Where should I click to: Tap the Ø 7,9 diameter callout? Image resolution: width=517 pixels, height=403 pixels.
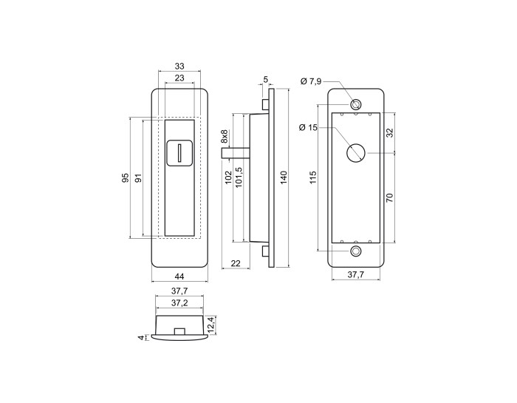point(311,81)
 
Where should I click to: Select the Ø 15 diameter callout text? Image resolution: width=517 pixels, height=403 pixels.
point(308,127)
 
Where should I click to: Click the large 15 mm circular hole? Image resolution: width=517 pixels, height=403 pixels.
point(356,153)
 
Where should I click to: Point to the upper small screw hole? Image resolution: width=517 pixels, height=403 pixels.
point(355,104)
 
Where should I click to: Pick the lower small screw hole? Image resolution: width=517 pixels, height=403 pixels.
point(355,251)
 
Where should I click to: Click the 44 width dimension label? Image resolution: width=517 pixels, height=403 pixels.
point(179,276)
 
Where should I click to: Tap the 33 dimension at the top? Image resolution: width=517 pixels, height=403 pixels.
point(179,67)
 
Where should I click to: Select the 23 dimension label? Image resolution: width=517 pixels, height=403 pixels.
point(179,78)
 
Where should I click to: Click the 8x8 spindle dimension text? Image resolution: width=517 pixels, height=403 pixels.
point(225,136)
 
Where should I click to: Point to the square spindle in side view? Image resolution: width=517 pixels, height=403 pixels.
point(236,153)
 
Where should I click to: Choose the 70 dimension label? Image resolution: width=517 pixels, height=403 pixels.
point(389,198)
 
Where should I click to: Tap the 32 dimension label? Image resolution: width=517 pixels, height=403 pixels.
point(389,132)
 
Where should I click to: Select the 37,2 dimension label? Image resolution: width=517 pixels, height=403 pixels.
point(179,303)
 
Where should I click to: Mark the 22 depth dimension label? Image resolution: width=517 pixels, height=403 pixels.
point(236,263)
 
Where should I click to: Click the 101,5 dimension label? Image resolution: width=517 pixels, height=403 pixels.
point(239,177)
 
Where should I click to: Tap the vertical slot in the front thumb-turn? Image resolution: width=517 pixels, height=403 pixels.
point(179,153)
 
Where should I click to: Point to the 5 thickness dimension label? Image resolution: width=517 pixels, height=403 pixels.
point(266,79)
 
